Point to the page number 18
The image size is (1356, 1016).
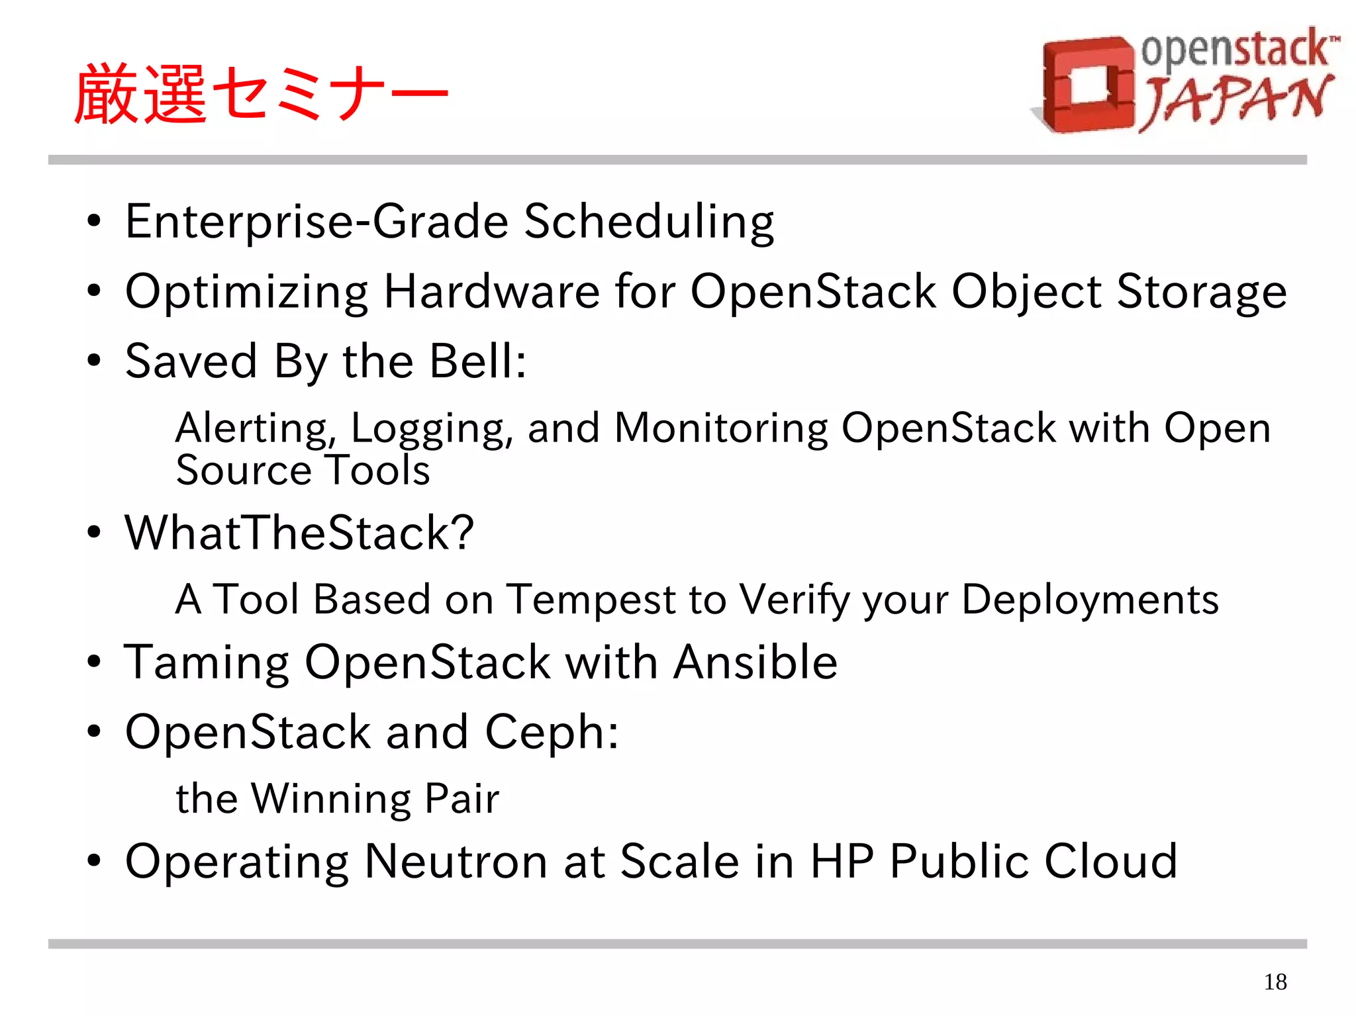(1275, 982)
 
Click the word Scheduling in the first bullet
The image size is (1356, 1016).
(649, 222)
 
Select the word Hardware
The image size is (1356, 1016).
(491, 291)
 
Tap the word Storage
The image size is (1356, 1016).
(1202, 291)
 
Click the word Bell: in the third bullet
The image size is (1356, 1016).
(478, 361)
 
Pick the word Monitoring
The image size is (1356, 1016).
(721, 428)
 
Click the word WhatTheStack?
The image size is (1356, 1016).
(299, 533)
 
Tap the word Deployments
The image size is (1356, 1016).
(1090, 599)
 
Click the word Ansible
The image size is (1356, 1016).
(755, 662)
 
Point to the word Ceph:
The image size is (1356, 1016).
(552, 732)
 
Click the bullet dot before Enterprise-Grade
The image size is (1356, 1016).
(94, 222)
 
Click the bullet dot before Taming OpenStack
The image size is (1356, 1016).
(94, 662)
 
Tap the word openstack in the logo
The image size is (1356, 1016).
(1235, 50)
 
